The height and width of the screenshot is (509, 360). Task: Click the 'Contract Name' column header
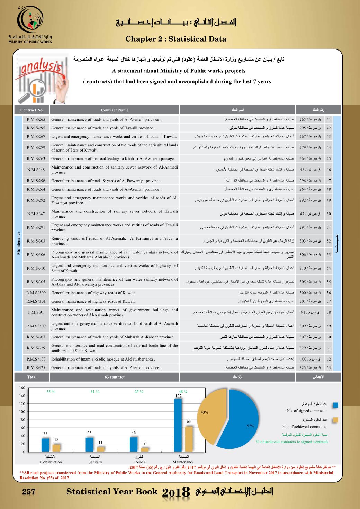pyautogui.click(x=115, y=110)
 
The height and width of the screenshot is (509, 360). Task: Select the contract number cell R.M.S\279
pyautogui.click(x=36, y=148)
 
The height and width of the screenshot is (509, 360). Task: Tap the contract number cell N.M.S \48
pyautogui.click(x=36, y=170)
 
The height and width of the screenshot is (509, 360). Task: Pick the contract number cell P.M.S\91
pyautogui.click(x=36, y=312)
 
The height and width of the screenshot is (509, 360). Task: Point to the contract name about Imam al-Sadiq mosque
pyautogui.click(x=103, y=359)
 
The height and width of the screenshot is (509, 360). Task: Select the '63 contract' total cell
pyautogui.click(x=115, y=377)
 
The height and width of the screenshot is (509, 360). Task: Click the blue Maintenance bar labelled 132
pyautogui.click(x=178, y=425)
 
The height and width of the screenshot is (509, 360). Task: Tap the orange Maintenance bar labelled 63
pyautogui.click(x=189, y=439)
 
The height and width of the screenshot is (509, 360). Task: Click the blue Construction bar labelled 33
pyautogui.click(x=45, y=445)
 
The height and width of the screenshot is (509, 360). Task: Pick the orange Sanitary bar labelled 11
pyautogui.click(x=100, y=449)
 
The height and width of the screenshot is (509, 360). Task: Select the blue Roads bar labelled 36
pyautogui.click(x=134, y=444)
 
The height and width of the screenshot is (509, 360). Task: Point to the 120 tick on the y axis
pyautogui.click(x=22, y=404)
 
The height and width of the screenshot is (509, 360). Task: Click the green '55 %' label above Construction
pyautogui.click(x=51, y=392)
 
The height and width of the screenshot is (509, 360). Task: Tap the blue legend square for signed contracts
pyautogui.click(x=335, y=405)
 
